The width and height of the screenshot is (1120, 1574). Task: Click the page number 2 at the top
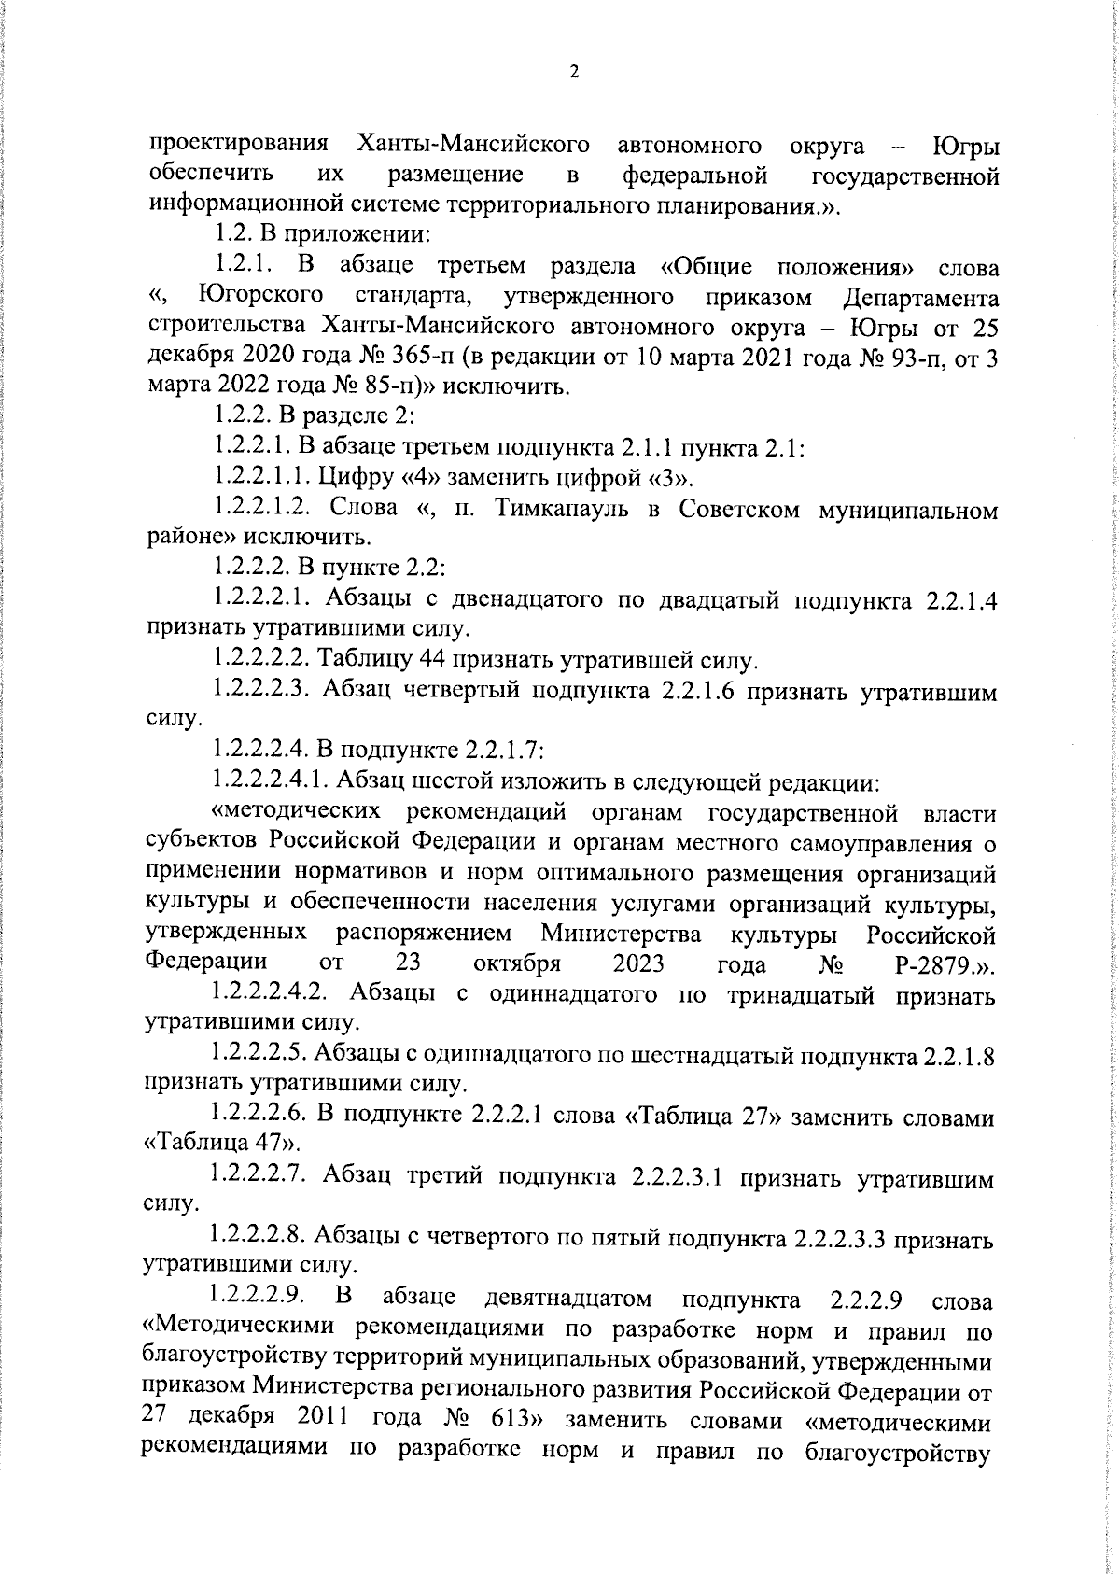[574, 73]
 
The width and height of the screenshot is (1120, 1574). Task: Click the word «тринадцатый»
[801, 996]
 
